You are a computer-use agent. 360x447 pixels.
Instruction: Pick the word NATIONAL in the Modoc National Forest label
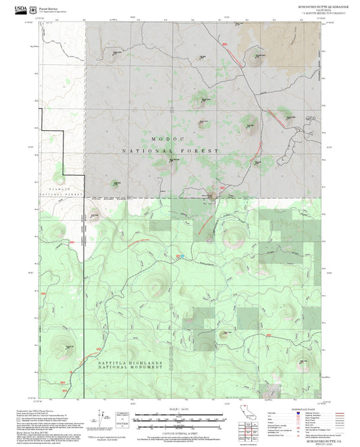(x=150, y=151)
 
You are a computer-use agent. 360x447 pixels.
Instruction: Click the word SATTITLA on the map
(x=101, y=363)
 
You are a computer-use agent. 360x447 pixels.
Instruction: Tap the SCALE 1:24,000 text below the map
(x=179, y=408)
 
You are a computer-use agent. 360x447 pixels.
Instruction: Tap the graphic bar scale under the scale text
(x=179, y=416)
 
